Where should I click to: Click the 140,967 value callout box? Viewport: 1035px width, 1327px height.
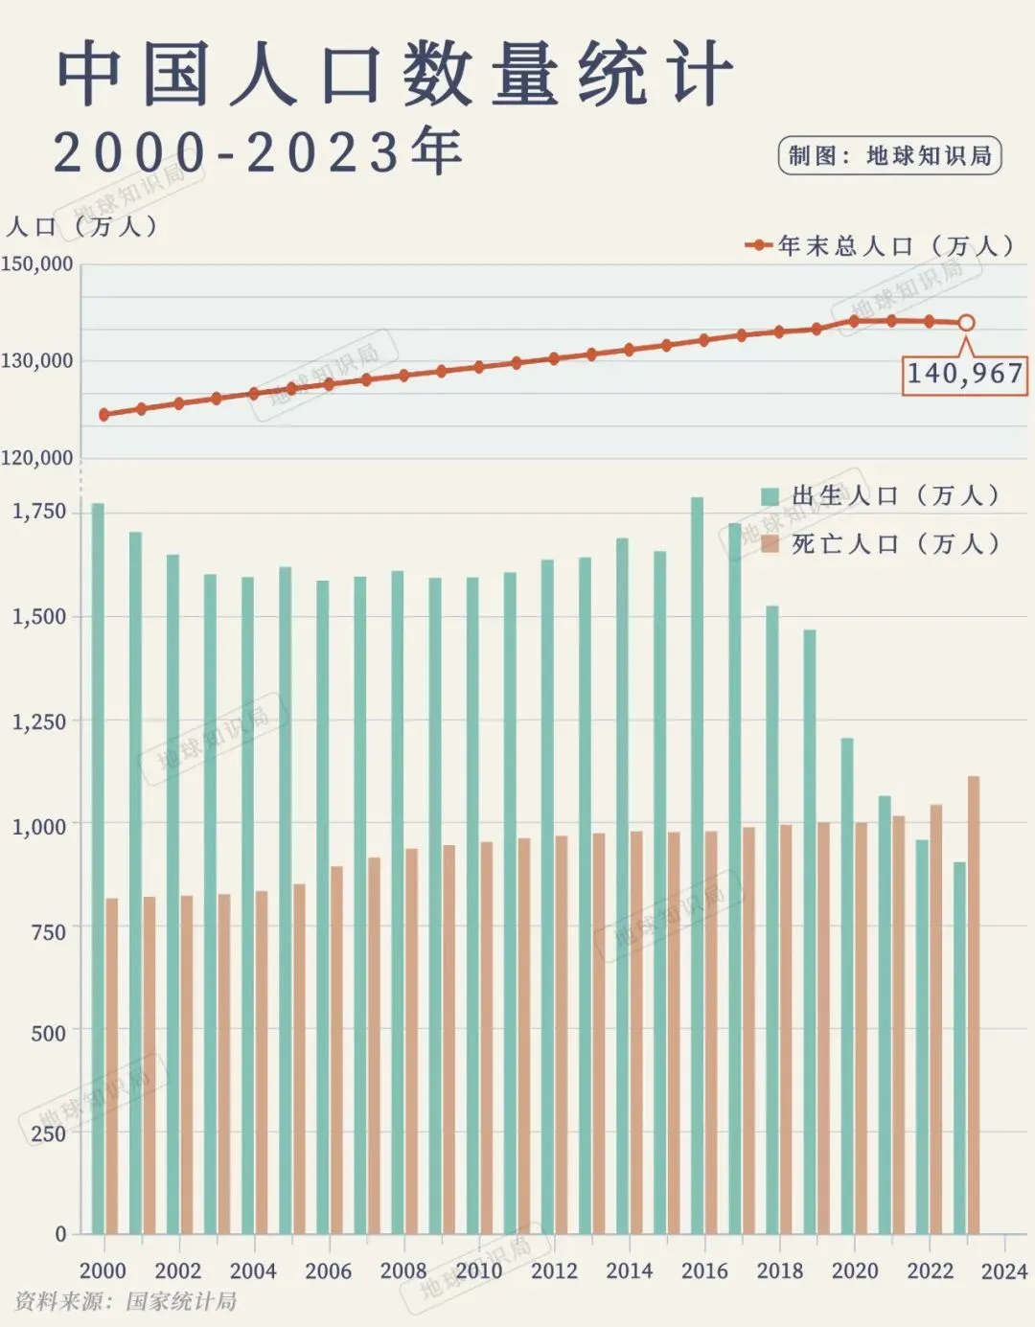pyautogui.click(x=965, y=374)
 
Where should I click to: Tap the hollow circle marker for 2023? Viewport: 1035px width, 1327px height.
pyautogui.click(x=966, y=323)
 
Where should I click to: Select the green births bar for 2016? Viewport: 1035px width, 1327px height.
pyautogui.click(x=698, y=862)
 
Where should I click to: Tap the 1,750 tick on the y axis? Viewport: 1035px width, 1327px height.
pyautogui.click(x=39, y=512)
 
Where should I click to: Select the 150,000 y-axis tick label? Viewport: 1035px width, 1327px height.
pyautogui.click(x=36, y=263)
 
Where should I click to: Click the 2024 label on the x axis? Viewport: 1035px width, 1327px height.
pyautogui.click(x=1004, y=1271)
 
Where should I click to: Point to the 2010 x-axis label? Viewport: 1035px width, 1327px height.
pyautogui.click(x=478, y=1270)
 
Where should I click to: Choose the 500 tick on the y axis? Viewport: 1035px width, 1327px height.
pyautogui.click(x=48, y=1033)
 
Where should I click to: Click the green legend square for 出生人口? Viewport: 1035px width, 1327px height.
pyautogui.click(x=770, y=496)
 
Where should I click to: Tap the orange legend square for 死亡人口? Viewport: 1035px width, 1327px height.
pyautogui.click(x=770, y=544)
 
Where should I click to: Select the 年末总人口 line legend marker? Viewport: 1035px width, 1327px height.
pyautogui.click(x=759, y=245)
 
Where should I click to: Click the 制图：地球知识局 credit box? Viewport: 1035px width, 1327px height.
pyautogui.click(x=889, y=156)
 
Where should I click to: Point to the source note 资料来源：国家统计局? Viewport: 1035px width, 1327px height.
pyautogui.click(x=126, y=1301)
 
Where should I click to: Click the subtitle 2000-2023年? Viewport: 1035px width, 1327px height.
pyautogui.click(x=257, y=151)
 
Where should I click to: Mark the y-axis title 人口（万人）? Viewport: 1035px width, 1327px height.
pyautogui.click(x=81, y=227)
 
